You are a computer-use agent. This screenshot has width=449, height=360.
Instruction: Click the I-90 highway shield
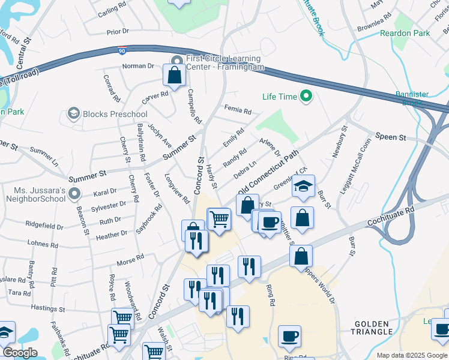click(x=122, y=53)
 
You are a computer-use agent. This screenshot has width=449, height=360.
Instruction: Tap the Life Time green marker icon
click(x=306, y=96)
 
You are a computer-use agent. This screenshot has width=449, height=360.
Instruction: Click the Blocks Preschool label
click(x=115, y=114)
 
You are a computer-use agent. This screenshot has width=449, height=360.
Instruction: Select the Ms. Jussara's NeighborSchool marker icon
click(x=74, y=193)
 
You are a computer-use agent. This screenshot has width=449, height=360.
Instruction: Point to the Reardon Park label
click(x=405, y=33)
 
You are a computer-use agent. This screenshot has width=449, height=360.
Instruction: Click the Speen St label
click(x=390, y=137)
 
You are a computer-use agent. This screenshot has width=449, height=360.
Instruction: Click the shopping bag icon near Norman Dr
click(x=174, y=76)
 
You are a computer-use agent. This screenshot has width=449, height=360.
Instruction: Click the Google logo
click(x=20, y=353)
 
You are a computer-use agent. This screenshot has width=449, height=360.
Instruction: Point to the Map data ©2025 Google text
click(x=412, y=355)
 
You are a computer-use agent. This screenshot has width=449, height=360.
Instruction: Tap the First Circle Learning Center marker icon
click(x=177, y=61)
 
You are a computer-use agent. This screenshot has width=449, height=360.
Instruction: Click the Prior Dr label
click(x=117, y=31)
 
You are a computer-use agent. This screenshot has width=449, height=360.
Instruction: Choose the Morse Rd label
click(x=130, y=259)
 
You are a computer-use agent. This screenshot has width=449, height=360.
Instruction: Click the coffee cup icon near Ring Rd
click(x=289, y=335)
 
